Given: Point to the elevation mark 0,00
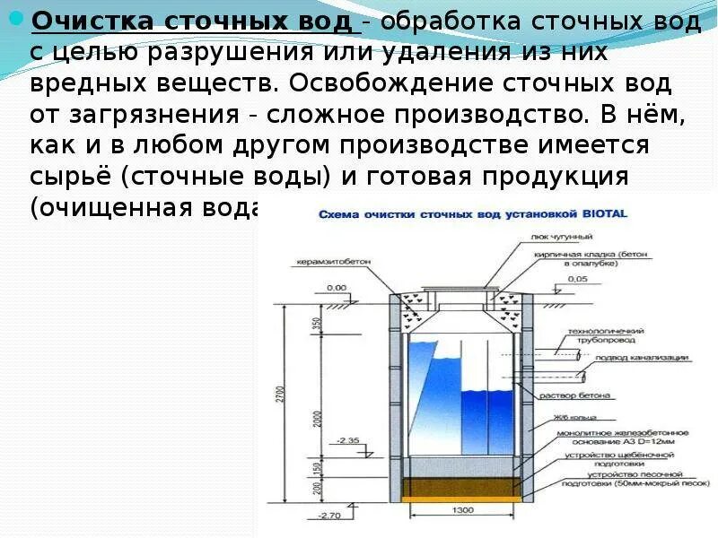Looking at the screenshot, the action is (337, 288).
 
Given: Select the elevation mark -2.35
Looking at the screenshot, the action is (347, 441).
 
